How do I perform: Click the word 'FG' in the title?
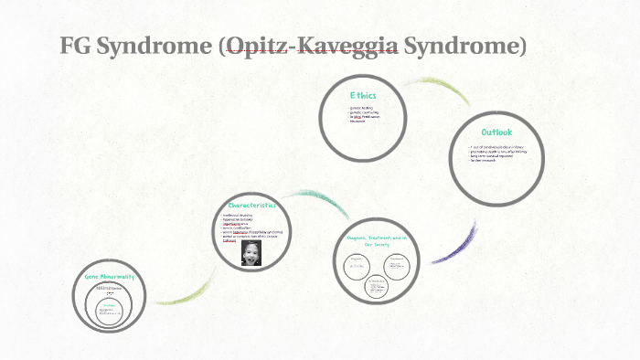[x=76, y=45]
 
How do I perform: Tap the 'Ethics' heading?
[x=363, y=95]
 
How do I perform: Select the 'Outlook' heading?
[x=496, y=133]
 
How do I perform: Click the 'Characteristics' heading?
[x=251, y=207]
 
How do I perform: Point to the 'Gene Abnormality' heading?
[x=111, y=275]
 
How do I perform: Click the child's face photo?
[x=250, y=252]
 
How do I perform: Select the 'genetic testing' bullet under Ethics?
[x=362, y=109]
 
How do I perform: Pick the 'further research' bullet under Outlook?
[x=485, y=162]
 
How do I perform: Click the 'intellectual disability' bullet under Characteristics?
[x=240, y=216]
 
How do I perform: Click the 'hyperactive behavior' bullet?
[x=240, y=220]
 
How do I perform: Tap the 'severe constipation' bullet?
[x=240, y=229]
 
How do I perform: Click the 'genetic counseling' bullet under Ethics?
[x=364, y=113]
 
